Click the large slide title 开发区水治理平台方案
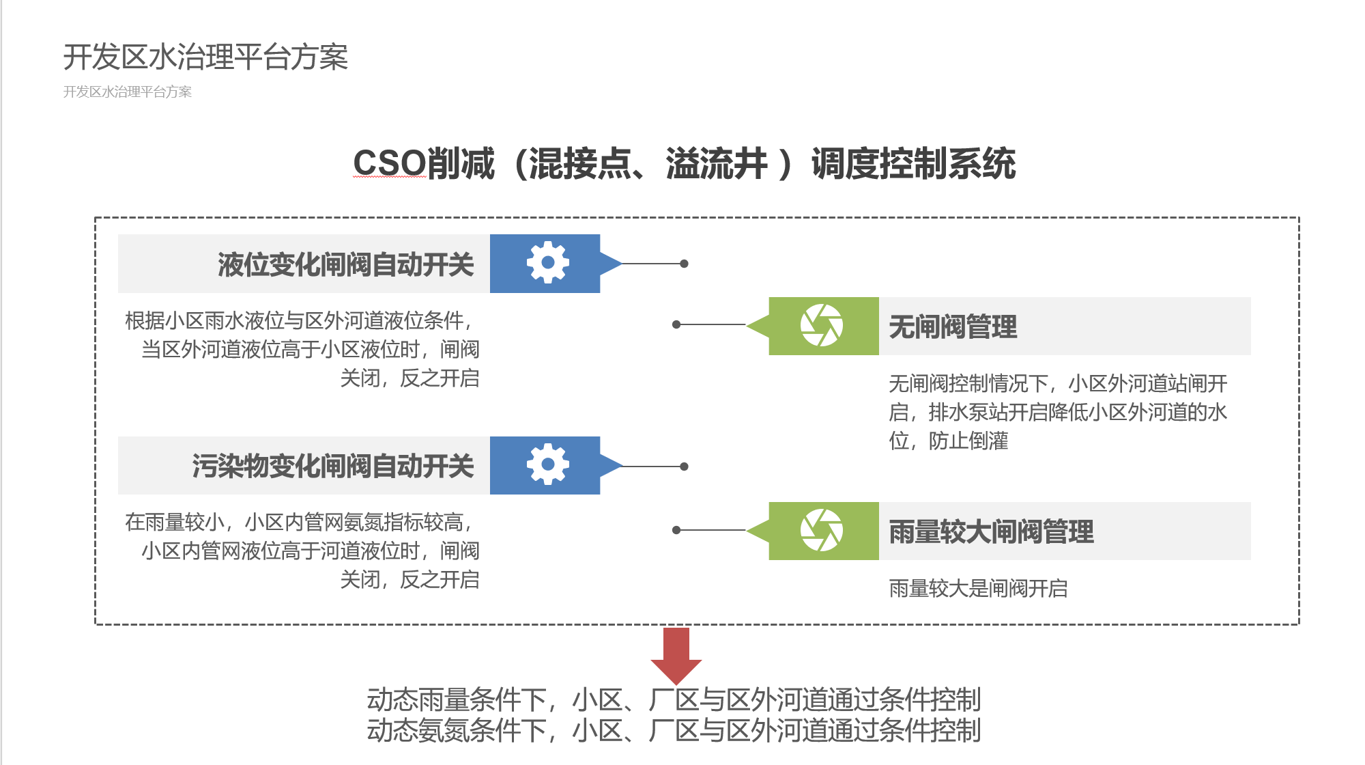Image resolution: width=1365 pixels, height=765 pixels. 205,57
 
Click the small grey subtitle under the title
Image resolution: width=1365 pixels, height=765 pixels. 128,92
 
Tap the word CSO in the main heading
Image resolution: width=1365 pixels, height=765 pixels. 390,164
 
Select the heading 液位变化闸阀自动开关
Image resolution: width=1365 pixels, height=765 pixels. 345,265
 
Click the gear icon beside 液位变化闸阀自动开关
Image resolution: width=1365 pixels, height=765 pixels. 547,263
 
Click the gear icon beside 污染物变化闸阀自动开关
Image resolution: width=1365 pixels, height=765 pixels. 547,465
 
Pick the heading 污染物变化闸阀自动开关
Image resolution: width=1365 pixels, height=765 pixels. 332,467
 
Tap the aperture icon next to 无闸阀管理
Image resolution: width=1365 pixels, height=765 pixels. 822,325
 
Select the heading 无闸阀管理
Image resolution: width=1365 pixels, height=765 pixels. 953,326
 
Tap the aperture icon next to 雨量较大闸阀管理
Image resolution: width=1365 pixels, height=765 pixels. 822,530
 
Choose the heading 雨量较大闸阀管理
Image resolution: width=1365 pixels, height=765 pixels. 991,531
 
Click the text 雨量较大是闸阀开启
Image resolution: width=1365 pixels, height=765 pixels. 978,588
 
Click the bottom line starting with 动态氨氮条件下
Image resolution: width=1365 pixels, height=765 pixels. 674,731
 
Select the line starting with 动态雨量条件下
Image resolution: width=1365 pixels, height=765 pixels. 674,700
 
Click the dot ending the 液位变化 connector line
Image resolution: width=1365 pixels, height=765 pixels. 684,264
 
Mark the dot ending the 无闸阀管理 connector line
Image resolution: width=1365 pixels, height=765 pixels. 676,324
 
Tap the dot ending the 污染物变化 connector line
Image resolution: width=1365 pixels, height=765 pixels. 684,467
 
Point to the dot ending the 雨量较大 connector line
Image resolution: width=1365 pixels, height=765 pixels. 676,530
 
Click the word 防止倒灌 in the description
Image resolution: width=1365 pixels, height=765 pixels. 968,441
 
